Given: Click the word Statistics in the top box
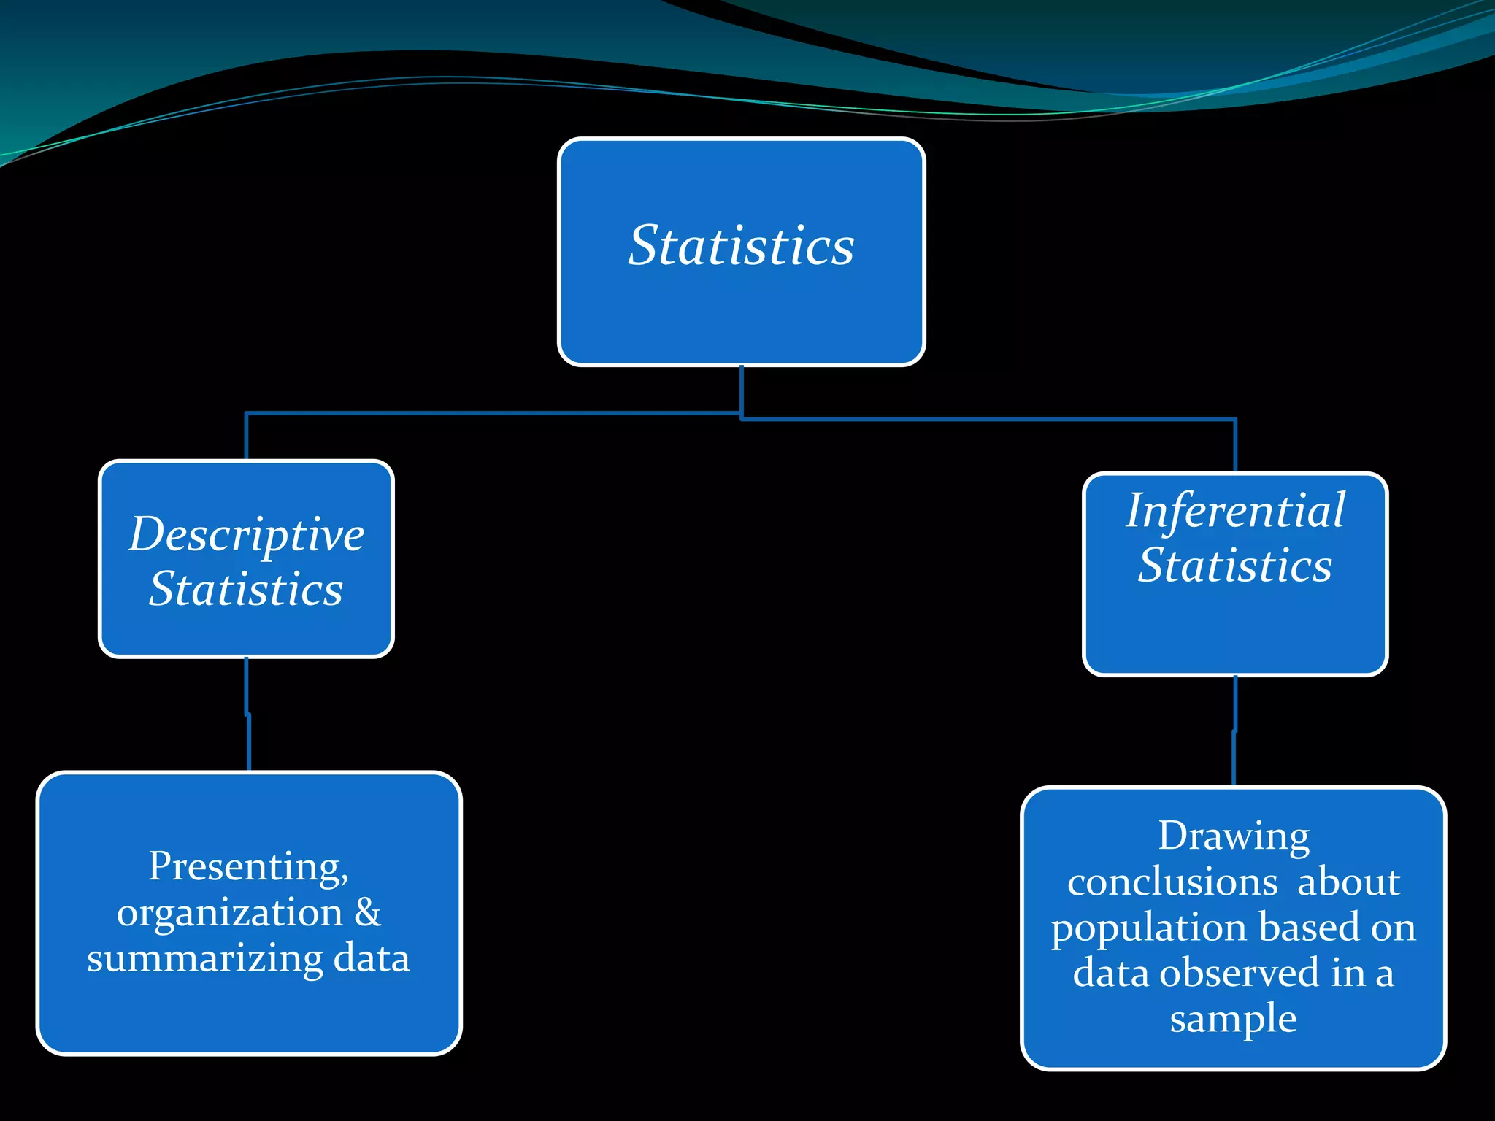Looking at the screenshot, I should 741,246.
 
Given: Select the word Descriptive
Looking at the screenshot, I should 247,535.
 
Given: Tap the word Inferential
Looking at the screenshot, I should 1235,510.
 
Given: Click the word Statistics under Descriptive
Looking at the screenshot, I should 246,589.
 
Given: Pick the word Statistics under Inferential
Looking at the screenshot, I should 1235,566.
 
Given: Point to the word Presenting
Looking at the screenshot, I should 248,867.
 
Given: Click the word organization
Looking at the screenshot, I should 229,912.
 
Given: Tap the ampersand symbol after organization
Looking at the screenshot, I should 367,912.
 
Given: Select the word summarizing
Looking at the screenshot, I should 204,959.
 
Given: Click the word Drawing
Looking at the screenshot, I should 1234,836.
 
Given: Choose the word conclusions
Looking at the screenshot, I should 1172,882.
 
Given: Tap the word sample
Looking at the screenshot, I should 1233,1019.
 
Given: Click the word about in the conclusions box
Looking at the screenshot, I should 1349,882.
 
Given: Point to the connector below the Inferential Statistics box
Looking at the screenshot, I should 1234,731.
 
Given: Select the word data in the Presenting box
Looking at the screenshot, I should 372,958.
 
